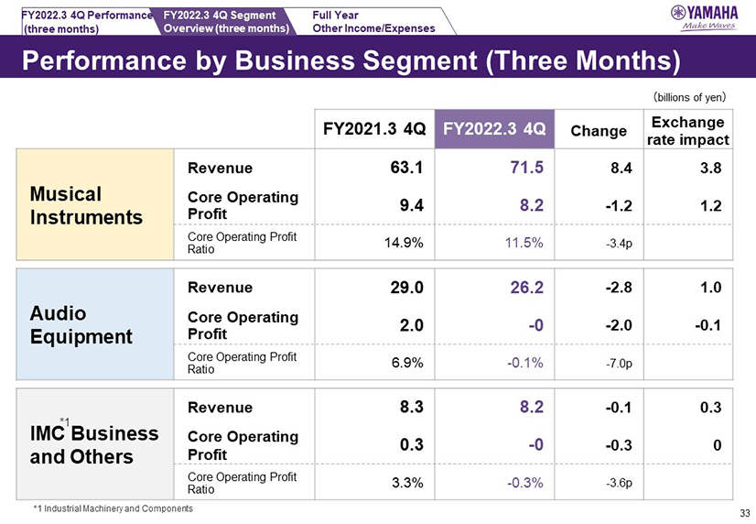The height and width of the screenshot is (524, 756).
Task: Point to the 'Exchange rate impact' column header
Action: [x=688, y=130]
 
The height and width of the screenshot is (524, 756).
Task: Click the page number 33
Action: [x=743, y=513]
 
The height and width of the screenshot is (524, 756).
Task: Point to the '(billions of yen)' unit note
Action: [x=688, y=95]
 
